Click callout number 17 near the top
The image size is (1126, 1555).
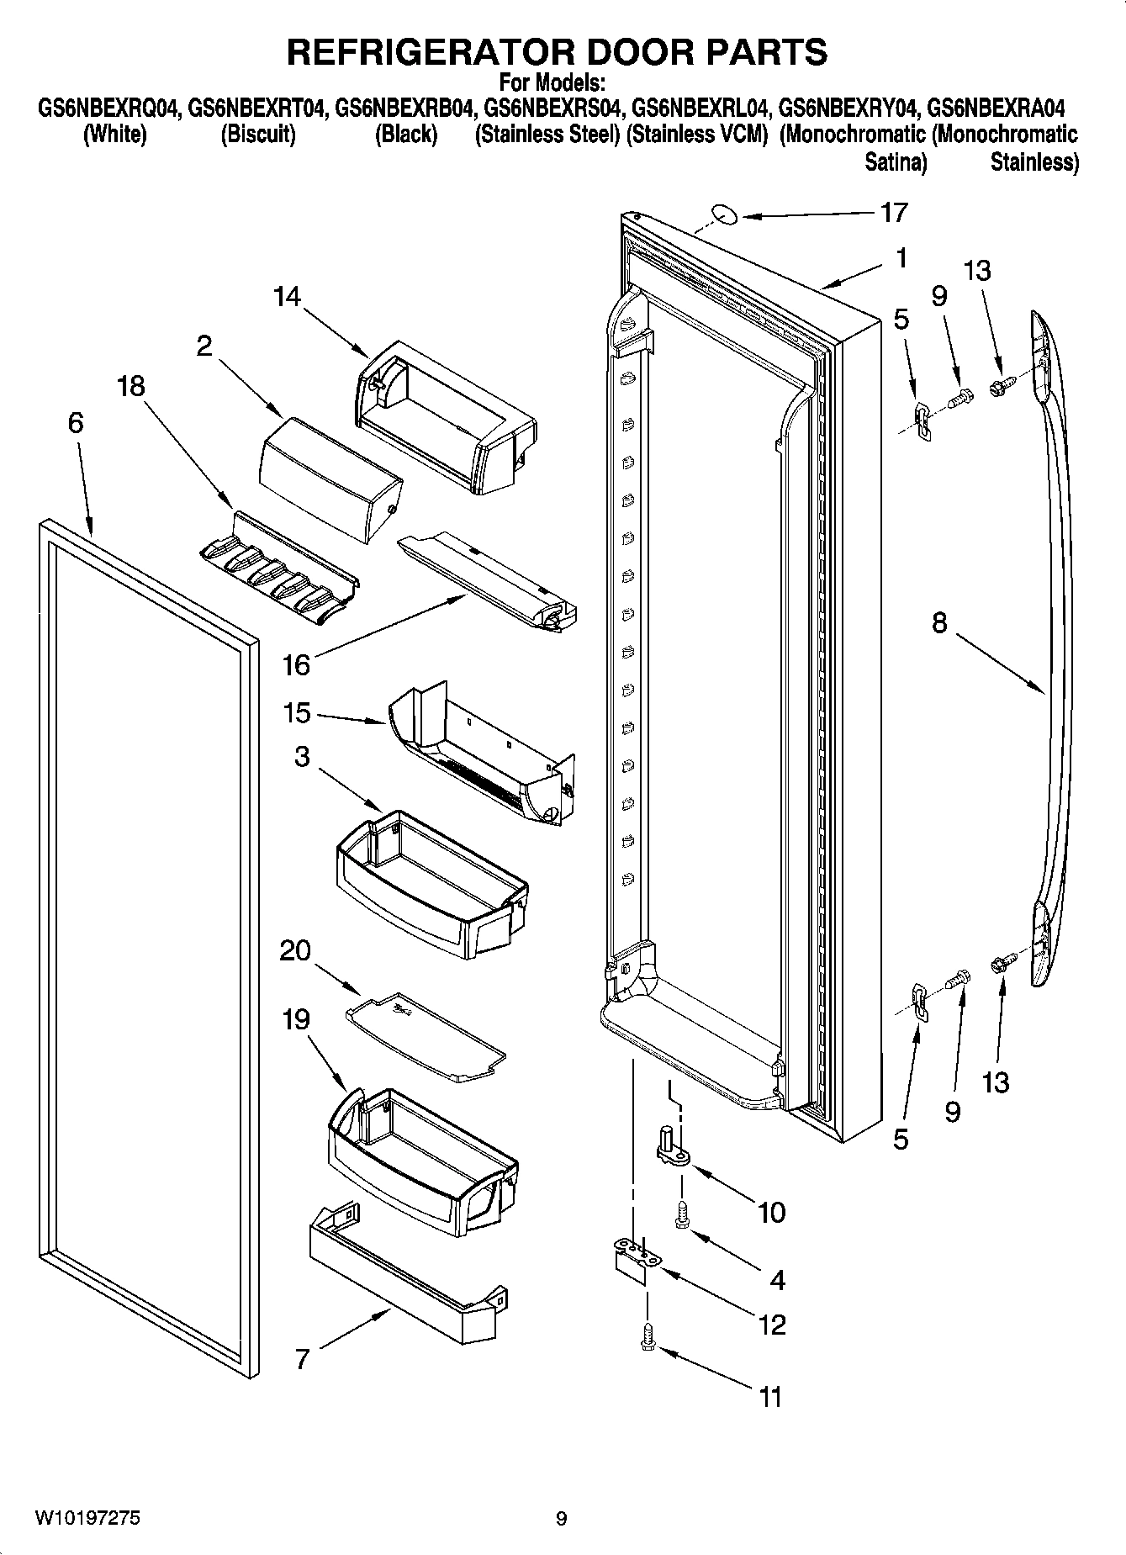[894, 212]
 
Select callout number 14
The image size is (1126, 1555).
[286, 296]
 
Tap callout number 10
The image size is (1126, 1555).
[770, 1212]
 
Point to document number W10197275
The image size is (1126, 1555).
[87, 1518]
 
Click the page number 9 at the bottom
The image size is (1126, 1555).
[561, 1519]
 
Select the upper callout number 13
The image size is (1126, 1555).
[976, 271]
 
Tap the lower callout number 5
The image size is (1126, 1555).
[901, 1140]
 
